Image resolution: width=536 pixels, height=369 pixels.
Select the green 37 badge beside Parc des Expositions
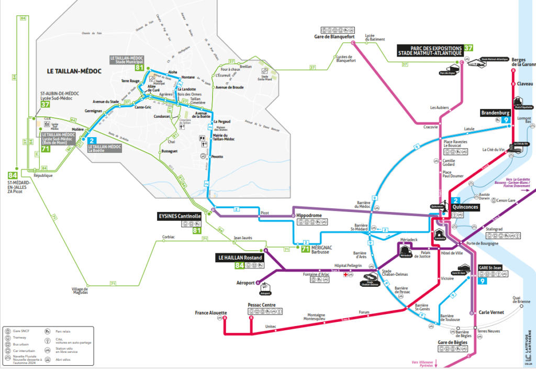pos(468,48)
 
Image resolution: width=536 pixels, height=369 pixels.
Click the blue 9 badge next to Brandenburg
pos(506,120)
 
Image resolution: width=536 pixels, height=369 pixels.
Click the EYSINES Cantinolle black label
pos(180,216)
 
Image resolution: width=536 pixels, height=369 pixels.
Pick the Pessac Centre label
pos(262,305)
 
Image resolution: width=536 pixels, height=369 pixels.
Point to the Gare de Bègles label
pos(452,343)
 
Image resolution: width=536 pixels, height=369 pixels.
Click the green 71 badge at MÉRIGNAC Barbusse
pos(305,249)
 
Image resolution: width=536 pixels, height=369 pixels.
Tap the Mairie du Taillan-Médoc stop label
pos(225,137)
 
